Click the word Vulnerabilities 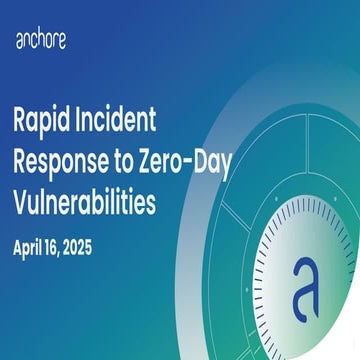(85, 201)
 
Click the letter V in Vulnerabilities (21, 201)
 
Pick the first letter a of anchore (19, 41)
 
